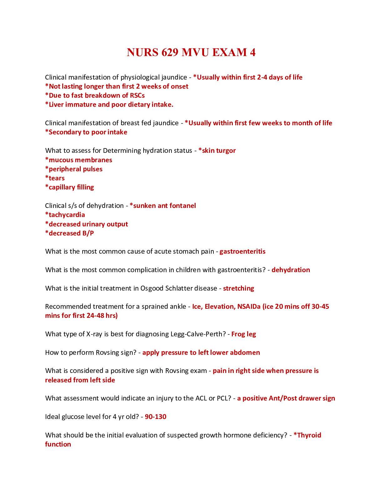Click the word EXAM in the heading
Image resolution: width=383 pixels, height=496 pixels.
pos(230,52)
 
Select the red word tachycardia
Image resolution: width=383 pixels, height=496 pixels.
pos(67,215)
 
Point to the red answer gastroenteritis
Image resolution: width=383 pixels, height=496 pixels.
pos(243,251)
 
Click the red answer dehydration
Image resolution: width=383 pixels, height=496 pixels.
pos(291,270)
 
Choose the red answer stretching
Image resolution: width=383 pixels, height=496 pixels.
pos(239,288)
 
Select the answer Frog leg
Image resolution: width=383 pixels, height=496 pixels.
pos(244,334)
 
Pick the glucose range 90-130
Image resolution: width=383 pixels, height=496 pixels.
pos(156,417)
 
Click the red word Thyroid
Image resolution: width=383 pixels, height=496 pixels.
pos(309,435)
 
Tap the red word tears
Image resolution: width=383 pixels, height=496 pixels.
pos(57,178)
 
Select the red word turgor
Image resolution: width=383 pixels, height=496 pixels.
pos(226,151)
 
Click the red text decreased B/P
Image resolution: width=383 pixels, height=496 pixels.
pos(71,233)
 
